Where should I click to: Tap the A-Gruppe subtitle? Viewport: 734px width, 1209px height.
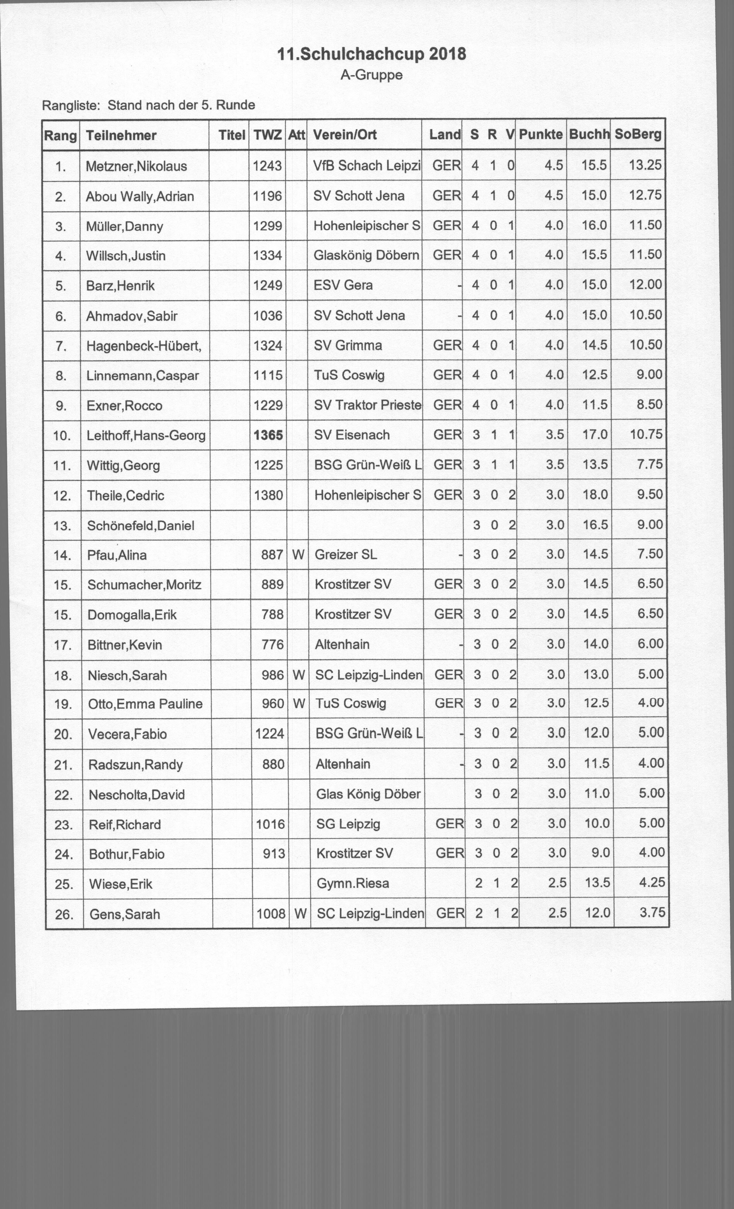click(x=371, y=75)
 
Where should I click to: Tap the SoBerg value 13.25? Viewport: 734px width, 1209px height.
click(x=645, y=165)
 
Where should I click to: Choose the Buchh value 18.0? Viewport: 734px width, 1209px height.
click(x=595, y=495)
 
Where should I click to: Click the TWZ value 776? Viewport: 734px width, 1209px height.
click(x=273, y=644)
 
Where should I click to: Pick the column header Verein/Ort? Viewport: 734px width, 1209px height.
click(x=345, y=134)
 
